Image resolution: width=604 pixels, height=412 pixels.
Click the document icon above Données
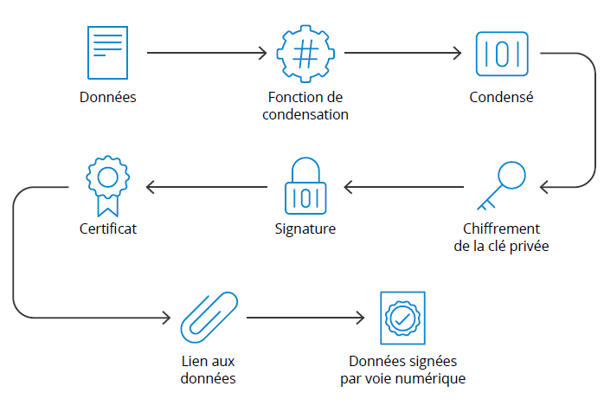(x=108, y=53)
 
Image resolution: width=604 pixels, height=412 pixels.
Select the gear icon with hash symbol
(x=305, y=54)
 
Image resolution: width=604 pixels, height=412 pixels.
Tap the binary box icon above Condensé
(x=501, y=53)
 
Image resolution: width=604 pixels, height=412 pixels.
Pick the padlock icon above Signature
(x=305, y=186)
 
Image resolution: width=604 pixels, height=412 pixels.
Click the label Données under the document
(x=108, y=97)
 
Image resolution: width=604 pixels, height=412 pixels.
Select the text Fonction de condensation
(x=305, y=106)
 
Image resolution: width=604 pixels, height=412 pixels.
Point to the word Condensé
(x=501, y=97)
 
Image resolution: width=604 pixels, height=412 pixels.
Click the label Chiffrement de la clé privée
(x=501, y=237)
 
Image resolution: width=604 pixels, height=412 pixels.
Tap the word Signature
(x=305, y=229)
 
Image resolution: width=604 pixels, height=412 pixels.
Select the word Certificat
(x=107, y=229)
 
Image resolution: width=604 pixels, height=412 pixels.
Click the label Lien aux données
(x=209, y=370)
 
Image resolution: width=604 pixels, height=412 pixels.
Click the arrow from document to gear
(x=207, y=54)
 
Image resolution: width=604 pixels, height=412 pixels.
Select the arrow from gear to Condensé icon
(x=402, y=54)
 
